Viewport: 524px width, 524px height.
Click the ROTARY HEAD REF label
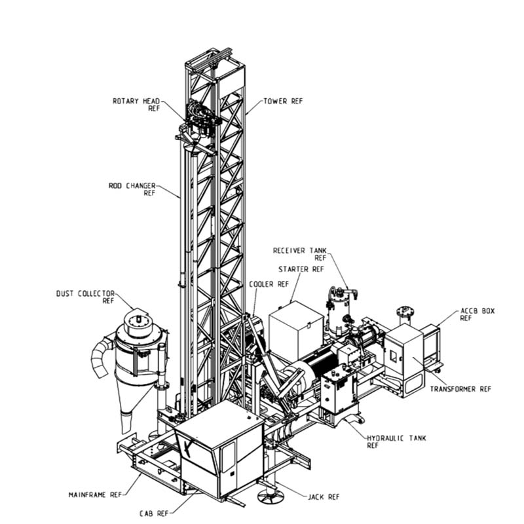click(x=136, y=105)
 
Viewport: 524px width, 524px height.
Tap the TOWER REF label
click(x=283, y=101)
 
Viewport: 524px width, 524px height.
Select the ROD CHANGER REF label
click(x=132, y=189)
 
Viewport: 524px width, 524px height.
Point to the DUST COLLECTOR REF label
click(x=85, y=297)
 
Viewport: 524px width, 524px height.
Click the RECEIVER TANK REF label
click(x=300, y=254)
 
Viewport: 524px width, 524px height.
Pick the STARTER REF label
click(x=301, y=269)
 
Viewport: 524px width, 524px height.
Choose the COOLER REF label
click(x=269, y=284)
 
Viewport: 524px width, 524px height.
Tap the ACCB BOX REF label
click(x=477, y=314)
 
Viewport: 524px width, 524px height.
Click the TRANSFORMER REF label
click(x=460, y=389)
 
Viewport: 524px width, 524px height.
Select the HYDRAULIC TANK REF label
click(x=397, y=441)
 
